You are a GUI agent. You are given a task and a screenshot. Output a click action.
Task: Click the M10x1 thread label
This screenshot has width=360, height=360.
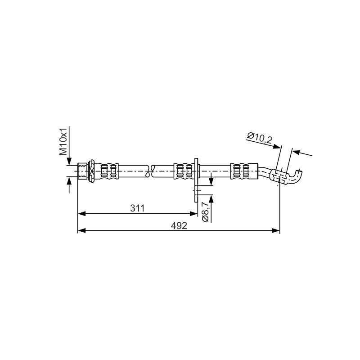pos(63,141)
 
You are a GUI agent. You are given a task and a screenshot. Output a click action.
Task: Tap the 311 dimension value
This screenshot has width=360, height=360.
pos(137,208)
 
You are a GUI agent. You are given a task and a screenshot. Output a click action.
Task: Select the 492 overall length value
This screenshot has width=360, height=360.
pos(179,226)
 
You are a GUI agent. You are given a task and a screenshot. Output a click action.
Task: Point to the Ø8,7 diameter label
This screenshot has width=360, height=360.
pos(205,212)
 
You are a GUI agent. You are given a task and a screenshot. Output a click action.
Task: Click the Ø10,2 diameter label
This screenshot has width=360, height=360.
pos(260,138)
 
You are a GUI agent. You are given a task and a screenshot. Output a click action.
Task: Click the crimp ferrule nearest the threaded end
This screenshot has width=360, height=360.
pos(109,171)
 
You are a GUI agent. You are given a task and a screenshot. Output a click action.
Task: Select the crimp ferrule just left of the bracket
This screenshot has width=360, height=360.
pos(184,171)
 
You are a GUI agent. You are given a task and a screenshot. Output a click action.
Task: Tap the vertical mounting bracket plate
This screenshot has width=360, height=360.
pos(196,180)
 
